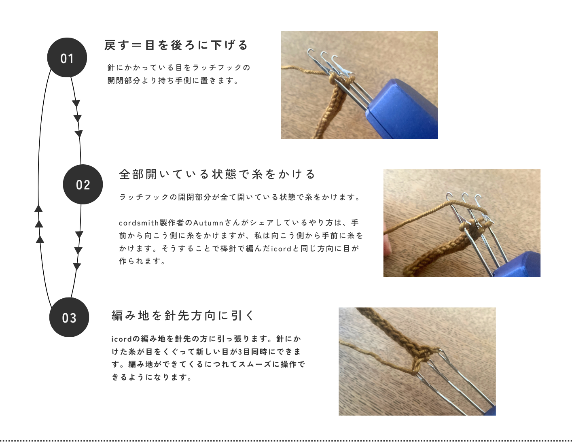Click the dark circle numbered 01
[x=67, y=57]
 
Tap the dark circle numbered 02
[x=83, y=184]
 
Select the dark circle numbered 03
[x=69, y=317]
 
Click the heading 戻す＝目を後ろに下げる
[x=176, y=45]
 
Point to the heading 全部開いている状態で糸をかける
[x=217, y=174]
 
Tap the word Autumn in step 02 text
[x=208, y=223]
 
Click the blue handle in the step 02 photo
[x=517, y=266]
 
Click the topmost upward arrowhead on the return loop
[x=38, y=208]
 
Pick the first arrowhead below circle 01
[x=76, y=104]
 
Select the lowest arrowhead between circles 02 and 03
[x=77, y=266]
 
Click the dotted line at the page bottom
[x=286, y=440]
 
